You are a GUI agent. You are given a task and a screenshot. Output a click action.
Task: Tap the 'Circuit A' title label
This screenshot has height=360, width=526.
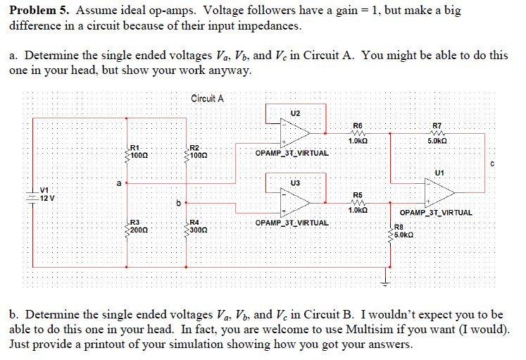coord(207,99)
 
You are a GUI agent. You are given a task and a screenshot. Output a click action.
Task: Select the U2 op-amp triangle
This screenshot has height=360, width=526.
coord(296,132)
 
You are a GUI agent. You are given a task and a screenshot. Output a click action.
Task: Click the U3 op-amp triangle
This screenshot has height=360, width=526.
coord(296,201)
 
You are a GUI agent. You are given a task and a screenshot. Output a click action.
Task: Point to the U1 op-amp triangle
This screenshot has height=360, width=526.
coord(439,190)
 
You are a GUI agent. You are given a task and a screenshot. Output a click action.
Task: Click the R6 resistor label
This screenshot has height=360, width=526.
coord(357,125)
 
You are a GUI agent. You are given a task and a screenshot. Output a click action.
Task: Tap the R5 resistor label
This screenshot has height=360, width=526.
coord(357,194)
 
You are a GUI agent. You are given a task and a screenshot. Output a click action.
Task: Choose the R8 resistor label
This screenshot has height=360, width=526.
coord(399,227)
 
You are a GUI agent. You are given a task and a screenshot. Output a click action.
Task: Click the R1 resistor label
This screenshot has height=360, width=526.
coord(134,146)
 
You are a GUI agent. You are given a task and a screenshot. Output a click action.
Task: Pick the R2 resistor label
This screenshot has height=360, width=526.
coord(195,146)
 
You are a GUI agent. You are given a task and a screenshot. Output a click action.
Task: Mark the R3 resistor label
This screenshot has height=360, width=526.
coord(134,222)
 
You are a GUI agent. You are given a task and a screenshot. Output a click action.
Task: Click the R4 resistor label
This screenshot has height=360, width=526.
coord(195,222)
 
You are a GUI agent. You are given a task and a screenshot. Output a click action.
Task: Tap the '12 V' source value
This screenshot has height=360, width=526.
coord(46,198)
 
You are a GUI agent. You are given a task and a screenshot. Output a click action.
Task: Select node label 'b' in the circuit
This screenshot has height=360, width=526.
coord(179,204)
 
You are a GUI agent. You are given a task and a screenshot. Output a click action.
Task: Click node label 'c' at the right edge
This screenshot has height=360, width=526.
coord(493,165)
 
